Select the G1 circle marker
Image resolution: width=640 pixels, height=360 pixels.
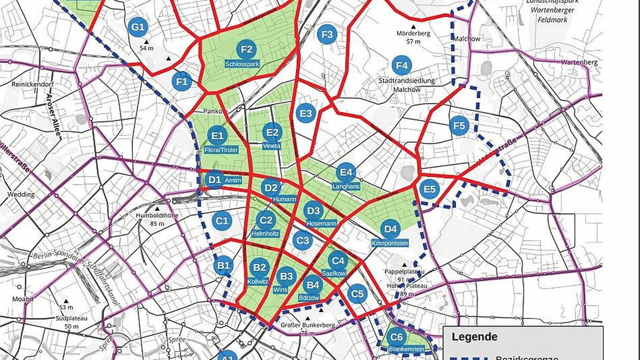click(138, 27)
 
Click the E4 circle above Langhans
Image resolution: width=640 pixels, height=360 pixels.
click(346, 172)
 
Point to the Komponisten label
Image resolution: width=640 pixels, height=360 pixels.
click(390, 243)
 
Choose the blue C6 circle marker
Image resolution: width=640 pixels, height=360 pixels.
click(396, 337)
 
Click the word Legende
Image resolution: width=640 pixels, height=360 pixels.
click(474, 337)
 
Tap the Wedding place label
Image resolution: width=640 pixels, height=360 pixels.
click(20, 195)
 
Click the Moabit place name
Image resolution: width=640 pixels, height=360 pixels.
click(22, 299)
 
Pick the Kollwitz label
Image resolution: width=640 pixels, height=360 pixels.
click(259, 281)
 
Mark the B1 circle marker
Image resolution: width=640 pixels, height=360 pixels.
click(224, 265)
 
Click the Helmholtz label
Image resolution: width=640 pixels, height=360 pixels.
click(265, 234)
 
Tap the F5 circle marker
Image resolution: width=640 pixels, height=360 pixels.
click(458, 126)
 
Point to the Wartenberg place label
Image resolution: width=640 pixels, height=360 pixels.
click(579, 62)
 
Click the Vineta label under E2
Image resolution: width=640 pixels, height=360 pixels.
click(272, 146)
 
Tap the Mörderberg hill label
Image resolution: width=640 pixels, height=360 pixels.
click(413, 33)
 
